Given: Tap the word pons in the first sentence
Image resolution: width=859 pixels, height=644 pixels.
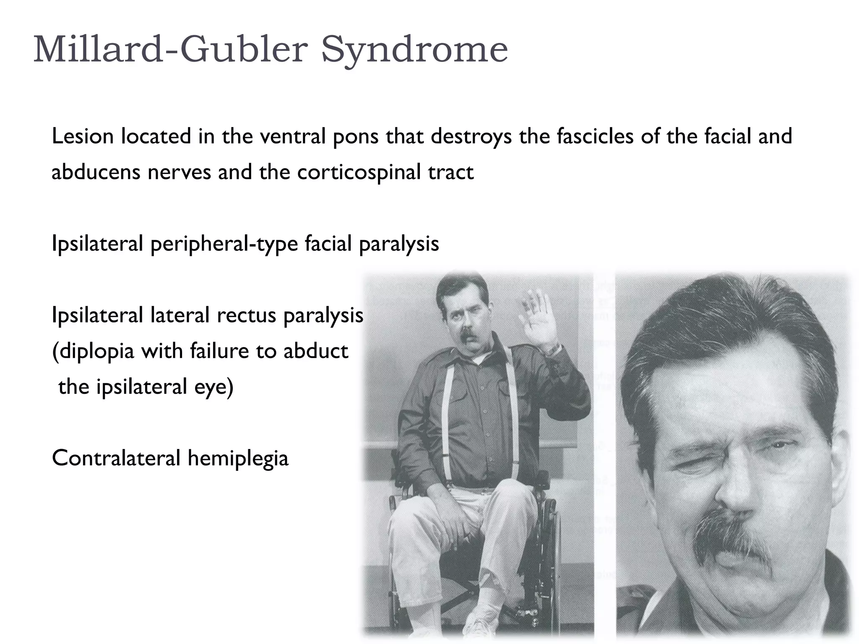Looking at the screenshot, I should click(356, 137).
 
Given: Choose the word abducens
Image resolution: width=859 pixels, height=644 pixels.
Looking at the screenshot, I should click(96, 172).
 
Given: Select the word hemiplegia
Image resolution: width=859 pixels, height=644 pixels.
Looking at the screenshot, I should click(238, 458).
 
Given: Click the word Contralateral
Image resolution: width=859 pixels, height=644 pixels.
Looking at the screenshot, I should click(116, 458).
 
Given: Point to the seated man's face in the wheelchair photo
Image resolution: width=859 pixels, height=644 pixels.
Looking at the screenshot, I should click(461, 314).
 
